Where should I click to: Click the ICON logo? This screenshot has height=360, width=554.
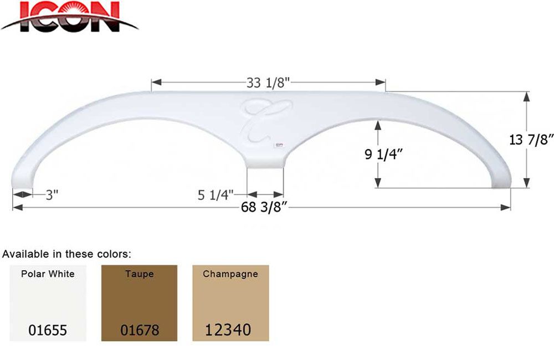pyautogui.click(x=69, y=17)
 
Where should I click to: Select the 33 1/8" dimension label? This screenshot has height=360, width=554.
pyautogui.click(x=268, y=82)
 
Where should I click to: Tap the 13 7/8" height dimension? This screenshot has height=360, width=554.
pyautogui.click(x=529, y=140)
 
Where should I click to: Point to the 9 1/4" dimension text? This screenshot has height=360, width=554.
pyautogui.click(x=383, y=154)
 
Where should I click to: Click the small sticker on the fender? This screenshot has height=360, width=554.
pyautogui.click(x=278, y=145)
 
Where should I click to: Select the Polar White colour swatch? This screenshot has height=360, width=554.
pyautogui.click(x=48, y=302)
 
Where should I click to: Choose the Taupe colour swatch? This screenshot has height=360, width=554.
pyautogui.click(x=139, y=302)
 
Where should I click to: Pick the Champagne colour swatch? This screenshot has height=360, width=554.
pyautogui.click(x=230, y=302)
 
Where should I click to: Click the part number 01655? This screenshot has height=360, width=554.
pyautogui.click(x=48, y=330)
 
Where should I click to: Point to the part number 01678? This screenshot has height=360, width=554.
pyautogui.click(x=140, y=330)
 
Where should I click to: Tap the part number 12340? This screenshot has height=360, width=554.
pyautogui.click(x=228, y=330)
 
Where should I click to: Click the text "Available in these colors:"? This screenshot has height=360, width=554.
pyautogui.click(x=67, y=254)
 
